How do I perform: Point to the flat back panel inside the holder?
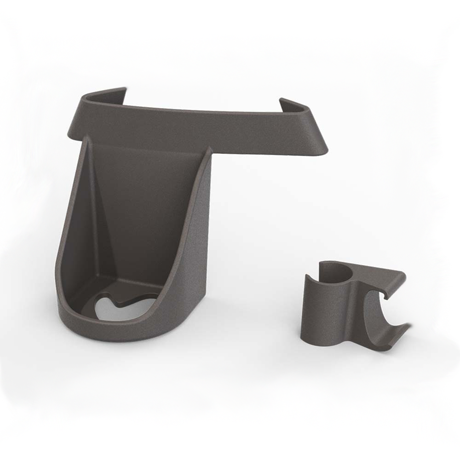pyautogui.click(x=147, y=207)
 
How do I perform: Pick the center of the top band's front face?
pyautogui.click(x=198, y=131)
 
